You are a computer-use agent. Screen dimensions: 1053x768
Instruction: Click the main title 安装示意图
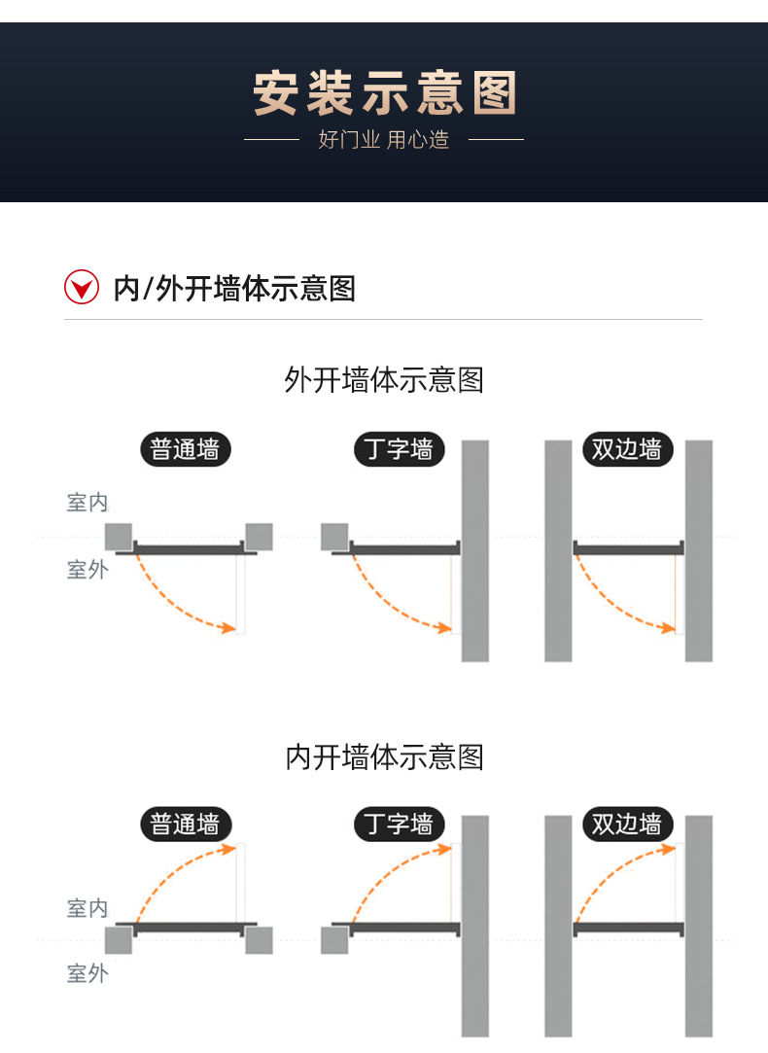(384, 94)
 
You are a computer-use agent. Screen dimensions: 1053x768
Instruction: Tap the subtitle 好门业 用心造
(384, 140)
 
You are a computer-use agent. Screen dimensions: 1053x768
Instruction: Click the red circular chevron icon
(82, 287)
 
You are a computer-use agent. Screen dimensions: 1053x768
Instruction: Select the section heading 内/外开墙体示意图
(234, 288)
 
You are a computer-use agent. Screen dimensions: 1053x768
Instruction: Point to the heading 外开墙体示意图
(384, 379)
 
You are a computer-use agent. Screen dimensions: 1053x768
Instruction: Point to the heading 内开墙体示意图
(384, 756)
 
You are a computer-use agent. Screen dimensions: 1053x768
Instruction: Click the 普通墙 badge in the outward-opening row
(186, 449)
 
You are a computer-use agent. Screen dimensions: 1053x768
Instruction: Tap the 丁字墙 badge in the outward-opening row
(398, 449)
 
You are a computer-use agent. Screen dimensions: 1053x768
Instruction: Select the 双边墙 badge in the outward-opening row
(627, 449)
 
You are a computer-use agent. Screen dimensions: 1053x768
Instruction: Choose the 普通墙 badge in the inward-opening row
(186, 825)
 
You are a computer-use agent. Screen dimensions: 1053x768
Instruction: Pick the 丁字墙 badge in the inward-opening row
(398, 825)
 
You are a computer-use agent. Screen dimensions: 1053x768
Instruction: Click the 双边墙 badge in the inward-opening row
(627, 825)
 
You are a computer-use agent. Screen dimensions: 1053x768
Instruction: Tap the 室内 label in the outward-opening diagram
(87, 503)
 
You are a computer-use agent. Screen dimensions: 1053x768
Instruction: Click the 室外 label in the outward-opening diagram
(87, 570)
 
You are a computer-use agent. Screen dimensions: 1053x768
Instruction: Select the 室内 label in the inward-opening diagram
(87, 908)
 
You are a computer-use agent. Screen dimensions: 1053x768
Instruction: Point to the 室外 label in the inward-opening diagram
(87, 972)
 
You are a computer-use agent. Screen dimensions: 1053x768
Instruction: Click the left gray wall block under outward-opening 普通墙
(119, 536)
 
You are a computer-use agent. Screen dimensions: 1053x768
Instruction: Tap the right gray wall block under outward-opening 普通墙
(259, 536)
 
